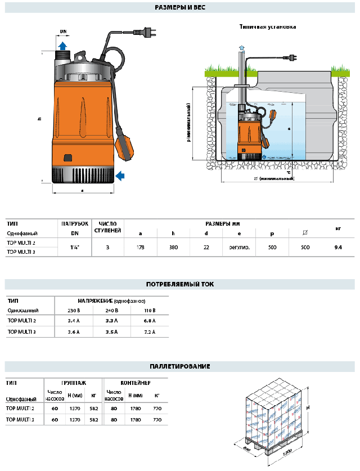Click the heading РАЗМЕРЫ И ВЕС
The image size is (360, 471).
tap(179, 8)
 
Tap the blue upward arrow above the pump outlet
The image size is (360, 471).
tap(62, 45)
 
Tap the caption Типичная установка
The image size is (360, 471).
tap(267, 26)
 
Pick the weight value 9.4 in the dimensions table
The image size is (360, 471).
tap(338, 247)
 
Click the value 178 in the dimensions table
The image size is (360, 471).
tap(141, 247)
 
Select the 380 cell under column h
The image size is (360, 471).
tap(174, 247)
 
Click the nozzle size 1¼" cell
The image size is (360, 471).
tap(74, 247)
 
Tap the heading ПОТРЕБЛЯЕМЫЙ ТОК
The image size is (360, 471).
tap(179, 284)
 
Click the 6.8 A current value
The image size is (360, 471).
tap(149, 321)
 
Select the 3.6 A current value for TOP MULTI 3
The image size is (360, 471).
tap(74, 332)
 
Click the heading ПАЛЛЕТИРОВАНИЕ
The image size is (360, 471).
tap(179, 367)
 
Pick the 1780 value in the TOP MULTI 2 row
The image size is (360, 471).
tap(136, 409)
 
